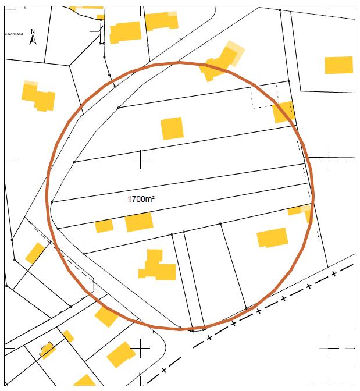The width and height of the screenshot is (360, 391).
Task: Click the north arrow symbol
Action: click(33, 39)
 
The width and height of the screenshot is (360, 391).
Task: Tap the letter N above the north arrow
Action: click(33, 31)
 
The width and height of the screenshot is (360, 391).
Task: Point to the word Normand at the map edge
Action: click(15, 34)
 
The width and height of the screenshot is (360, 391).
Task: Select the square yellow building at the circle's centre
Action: click(172, 128)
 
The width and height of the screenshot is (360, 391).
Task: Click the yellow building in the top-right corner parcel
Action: click(338, 65)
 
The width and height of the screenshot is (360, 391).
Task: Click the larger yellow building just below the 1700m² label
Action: click(138, 222)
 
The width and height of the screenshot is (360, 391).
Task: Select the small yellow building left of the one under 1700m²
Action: click(104, 226)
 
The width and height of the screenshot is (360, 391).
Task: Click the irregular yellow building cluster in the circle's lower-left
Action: click(156, 266)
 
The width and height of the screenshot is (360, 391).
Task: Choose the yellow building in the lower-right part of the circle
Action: click(272, 237)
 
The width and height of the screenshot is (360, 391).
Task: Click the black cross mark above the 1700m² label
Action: click(141, 159)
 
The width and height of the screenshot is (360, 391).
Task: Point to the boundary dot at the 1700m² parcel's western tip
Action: click(52, 202)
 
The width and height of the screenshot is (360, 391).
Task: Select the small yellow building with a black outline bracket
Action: click(47, 350)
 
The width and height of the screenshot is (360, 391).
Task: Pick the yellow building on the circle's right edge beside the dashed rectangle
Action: click(284, 112)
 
